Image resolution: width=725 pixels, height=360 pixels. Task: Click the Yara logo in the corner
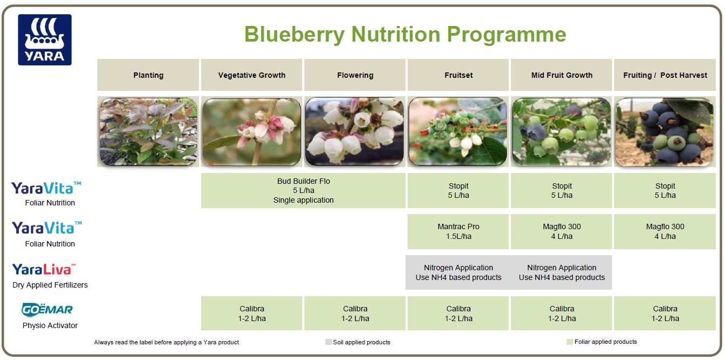pos(45,40)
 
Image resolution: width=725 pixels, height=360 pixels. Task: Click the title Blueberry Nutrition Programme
pos(405,34)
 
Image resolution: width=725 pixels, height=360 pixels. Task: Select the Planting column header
pos(148,75)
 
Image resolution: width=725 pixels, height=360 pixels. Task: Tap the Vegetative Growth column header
pos(251,75)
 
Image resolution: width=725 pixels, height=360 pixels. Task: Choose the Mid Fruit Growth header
pos(562,75)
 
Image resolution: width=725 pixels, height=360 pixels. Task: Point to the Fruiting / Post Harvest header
pos(665,75)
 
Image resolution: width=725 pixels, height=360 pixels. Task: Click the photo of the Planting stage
pos(149,132)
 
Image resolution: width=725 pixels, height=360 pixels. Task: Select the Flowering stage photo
pos(355,132)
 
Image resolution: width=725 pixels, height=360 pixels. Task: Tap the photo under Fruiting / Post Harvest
pos(664,132)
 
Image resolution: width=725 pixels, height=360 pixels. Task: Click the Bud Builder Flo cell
pos(303,191)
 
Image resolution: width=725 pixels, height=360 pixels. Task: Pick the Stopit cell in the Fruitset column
pos(458,191)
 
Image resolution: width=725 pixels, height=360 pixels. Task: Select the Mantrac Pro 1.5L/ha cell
pos(458,232)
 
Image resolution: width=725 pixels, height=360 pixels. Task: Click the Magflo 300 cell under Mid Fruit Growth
pos(562,232)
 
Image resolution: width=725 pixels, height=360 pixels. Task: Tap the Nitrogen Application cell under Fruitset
pos(458,272)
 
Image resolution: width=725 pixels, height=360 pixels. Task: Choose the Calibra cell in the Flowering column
pos(355,314)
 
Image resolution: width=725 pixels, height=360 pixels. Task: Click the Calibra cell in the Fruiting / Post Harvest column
pos(665,314)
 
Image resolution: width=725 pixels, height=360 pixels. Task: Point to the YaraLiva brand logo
pos(44,269)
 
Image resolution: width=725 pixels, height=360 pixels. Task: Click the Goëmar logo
pos(47,310)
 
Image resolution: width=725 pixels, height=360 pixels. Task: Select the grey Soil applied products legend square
pos(328,342)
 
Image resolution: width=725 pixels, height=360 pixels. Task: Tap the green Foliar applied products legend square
pos(569,342)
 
